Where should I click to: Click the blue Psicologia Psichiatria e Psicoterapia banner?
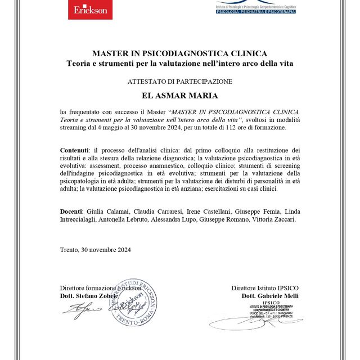pos(256,11)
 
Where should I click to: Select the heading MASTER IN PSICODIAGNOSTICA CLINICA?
pos(179,53)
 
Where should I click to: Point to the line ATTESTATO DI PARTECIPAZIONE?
pos(179,82)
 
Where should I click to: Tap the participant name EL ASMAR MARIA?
pos(179,96)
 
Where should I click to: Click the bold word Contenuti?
pos(74,150)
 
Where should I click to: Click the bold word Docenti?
pos(72,211)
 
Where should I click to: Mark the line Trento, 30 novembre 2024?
pos(95,250)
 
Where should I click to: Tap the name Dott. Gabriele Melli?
pos(270,296)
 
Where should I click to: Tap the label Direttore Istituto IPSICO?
pos(265,288)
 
